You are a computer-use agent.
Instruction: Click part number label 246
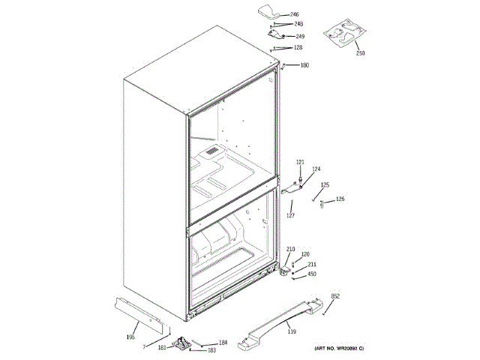click(295, 15)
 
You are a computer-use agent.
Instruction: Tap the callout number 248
click(298, 24)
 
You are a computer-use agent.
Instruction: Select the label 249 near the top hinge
click(300, 36)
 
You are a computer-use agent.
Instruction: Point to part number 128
click(298, 48)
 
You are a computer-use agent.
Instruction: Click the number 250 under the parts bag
click(360, 53)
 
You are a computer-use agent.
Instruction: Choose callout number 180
click(304, 65)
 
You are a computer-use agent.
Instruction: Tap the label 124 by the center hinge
click(316, 169)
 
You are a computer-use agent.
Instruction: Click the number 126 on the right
click(340, 199)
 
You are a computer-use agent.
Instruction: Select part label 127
click(290, 216)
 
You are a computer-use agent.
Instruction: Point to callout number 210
click(291, 249)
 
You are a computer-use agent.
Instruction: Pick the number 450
click(312, 274)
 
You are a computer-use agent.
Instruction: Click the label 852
click(335, 297)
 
